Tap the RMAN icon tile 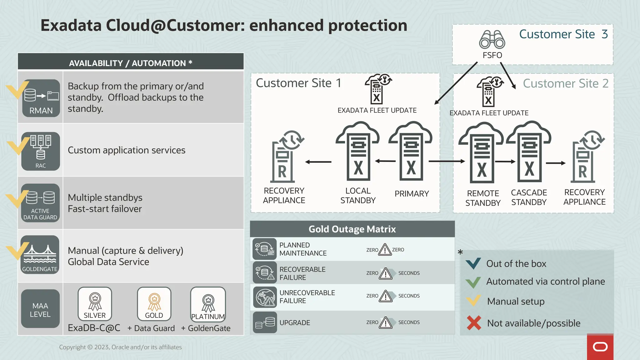click(41, 98)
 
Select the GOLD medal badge click(154, 304)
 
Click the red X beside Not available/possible click(474, 323)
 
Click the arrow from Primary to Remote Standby click(447, 161)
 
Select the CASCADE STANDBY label click(529, 197)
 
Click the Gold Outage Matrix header click(352, 229)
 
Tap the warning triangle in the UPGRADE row click(386, 322)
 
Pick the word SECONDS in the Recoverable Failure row click(409, 273)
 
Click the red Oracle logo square click(600, 347)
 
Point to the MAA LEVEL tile click(40, 309)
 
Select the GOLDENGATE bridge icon click(40, 255)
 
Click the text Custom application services click(127, 150)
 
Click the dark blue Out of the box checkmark click(473, 263)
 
